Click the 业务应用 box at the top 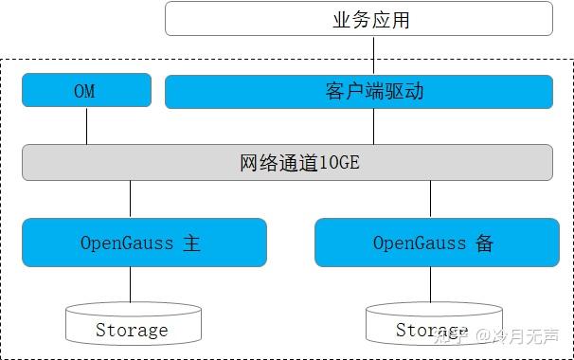pos(359,19)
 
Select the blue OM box pos(86,91)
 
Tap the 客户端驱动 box pos(359,91)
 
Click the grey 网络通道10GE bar pos(287,162)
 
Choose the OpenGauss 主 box pos(144,243)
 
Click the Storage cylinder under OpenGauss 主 pos(134,325)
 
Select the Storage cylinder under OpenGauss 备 pos(432,325)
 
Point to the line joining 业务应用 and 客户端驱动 pos(373,56)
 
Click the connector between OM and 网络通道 pos(86,125)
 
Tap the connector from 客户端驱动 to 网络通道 pos(373,125)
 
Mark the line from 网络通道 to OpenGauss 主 pos(131,199)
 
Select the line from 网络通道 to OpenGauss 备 pos(431,199)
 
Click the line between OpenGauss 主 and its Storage pos(131,285)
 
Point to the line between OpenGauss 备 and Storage pos(431,285)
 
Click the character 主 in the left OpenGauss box pos(192,243)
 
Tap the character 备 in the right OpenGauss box pos(485,243)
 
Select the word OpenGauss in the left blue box pos(126,243)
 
